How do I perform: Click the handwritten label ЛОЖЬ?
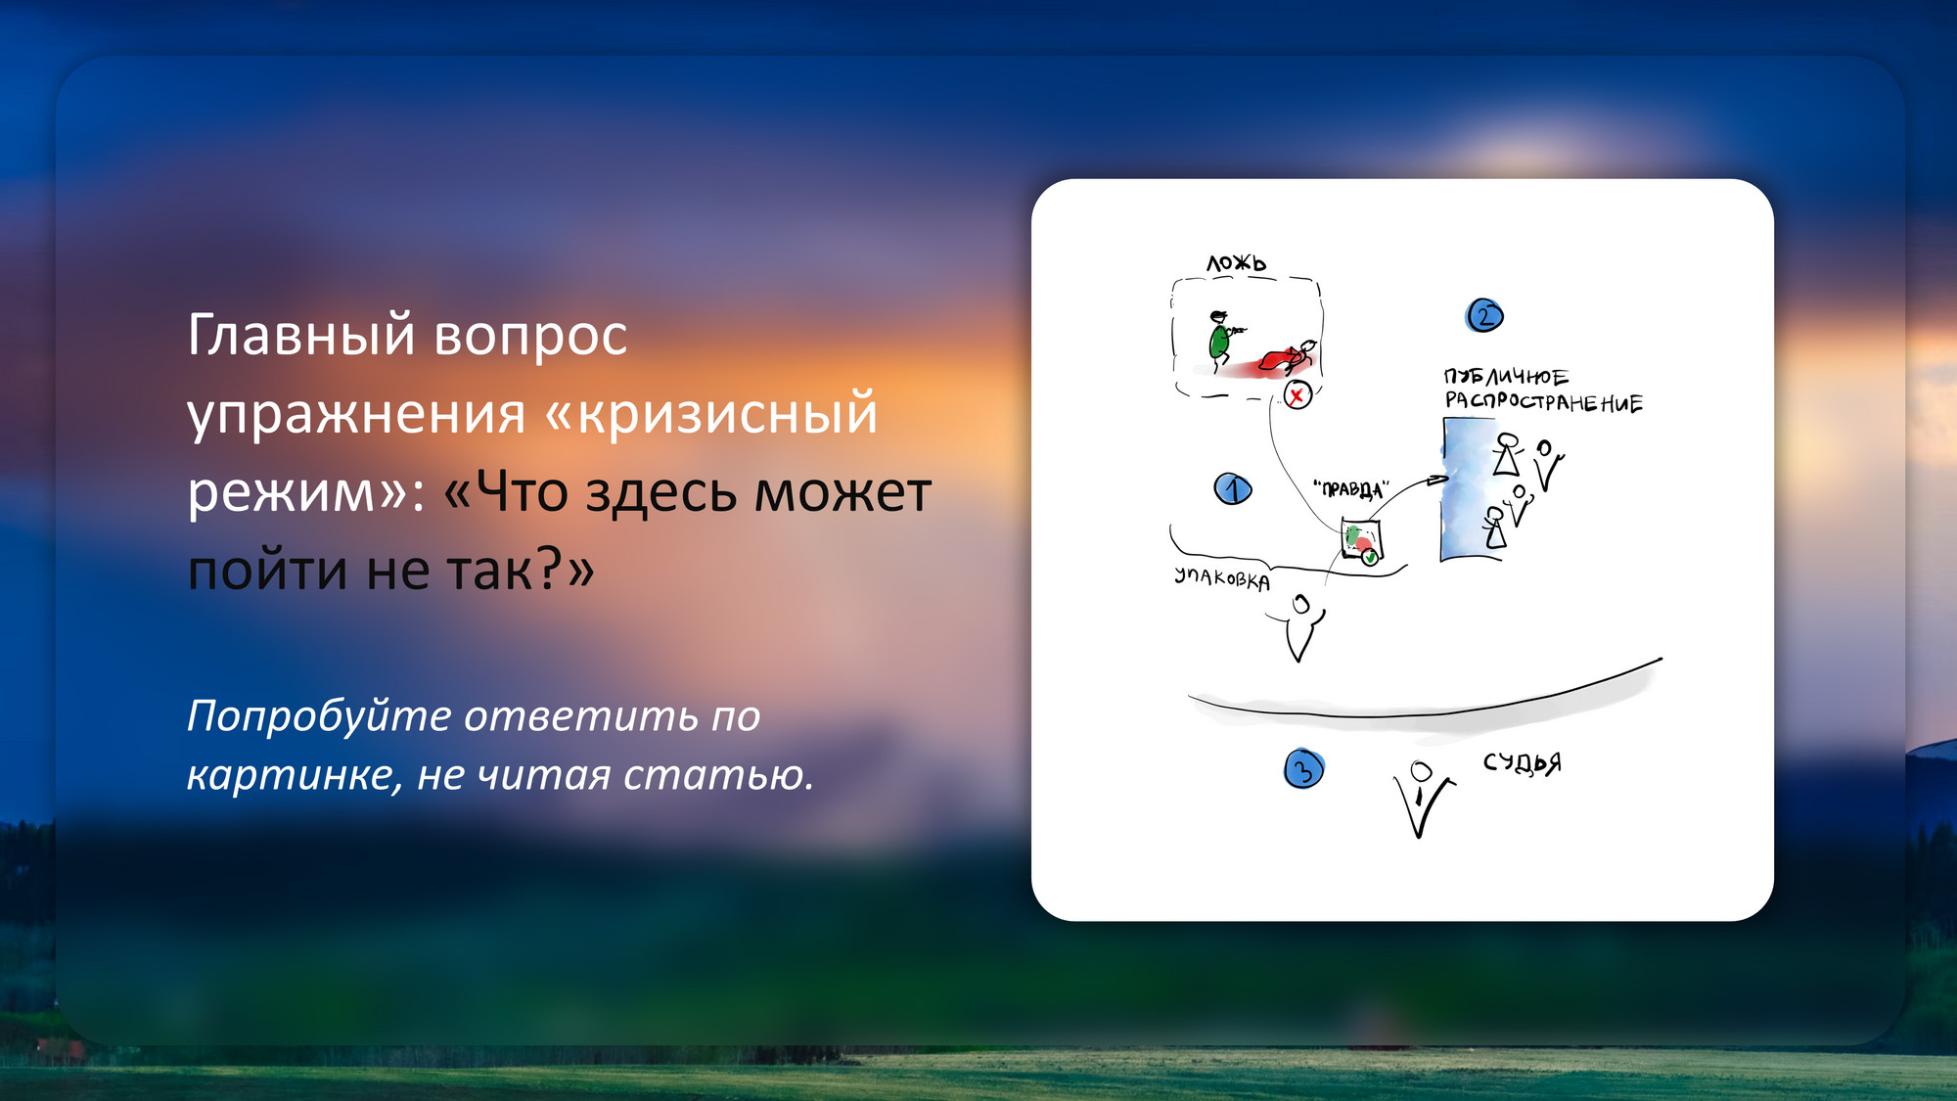click(1236, 262)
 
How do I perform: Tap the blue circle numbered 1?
click(1233, 488)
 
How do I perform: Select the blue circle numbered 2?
click(1484, 315)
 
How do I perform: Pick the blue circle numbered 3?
click(1303, 769)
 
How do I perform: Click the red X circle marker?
click(1297, 395)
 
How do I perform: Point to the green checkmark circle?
click(1370, 557)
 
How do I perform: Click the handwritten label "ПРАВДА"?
click(1351, 488)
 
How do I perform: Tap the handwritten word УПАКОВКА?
click(1222, 578)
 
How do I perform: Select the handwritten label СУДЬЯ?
click(1522, 762)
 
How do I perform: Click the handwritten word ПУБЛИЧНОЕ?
click(1506, 377)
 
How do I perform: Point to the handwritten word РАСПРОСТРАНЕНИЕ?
click(1544, 401)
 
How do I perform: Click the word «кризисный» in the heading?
click(711, 413)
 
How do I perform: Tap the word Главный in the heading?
click(301, 336)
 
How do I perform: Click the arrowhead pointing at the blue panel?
click(1438, 480)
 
